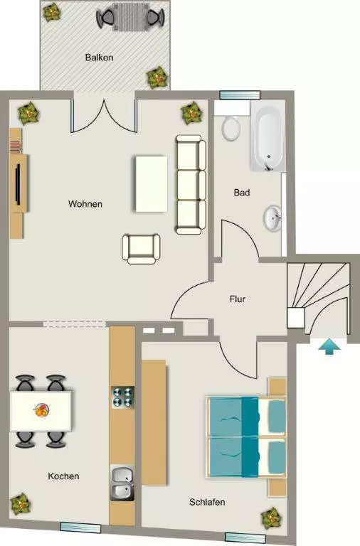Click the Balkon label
100,58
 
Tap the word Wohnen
85,204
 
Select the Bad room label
242,192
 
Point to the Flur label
238,299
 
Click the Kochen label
63,476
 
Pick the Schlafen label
207,502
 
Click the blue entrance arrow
329,347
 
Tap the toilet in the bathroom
231,128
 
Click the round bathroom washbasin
272,218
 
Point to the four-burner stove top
123,397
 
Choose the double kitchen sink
122,483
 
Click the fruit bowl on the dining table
41,409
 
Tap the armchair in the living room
141,249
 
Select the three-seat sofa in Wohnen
190,185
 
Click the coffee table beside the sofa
152,184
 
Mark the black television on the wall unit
18,183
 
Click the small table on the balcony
131,17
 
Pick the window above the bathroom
240,95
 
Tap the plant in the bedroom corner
271,518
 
